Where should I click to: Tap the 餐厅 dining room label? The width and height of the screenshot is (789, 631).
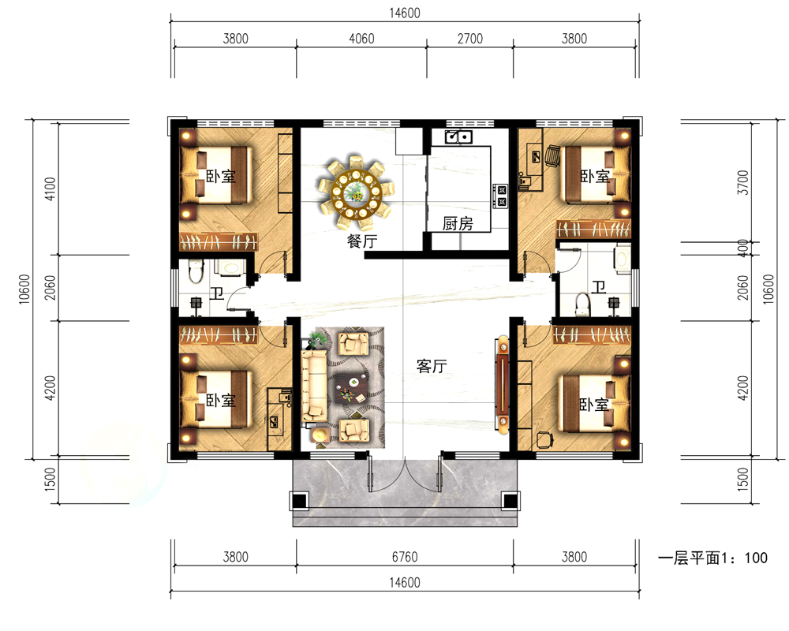click(x=362, y=241)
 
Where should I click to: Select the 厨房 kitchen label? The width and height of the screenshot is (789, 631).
click(x=458, y=223)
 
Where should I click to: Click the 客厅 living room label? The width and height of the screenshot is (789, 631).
click(x=432, y=366)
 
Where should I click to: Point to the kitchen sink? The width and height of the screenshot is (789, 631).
click(x=458, y=136)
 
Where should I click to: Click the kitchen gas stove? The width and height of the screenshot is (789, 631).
click(x=502, y=196)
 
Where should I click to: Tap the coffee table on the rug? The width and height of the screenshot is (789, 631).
click(x=352, y=388)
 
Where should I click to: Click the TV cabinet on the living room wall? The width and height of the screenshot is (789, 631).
click(x=502, y=384)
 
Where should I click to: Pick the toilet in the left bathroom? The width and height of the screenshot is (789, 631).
click(x=196, y=271)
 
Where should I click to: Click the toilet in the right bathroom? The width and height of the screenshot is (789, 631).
click(x=583, y=304)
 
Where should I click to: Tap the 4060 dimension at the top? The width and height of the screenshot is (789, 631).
click(x=361, y=39)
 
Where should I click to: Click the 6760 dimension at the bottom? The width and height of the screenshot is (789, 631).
click(x=405, y=557)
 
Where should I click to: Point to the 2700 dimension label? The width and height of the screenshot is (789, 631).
click(x=470, y=39)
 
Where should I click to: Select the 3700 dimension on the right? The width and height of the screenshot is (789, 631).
click(x=742, y=183)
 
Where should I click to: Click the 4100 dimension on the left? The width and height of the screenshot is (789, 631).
click(x=50, y=189)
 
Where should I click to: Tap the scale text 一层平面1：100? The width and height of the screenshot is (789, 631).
click(x=712, y=558)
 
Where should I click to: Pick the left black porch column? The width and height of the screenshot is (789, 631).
click(x=299, y=501)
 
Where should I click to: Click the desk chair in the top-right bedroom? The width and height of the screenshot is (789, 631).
click(x=552, y=155)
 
